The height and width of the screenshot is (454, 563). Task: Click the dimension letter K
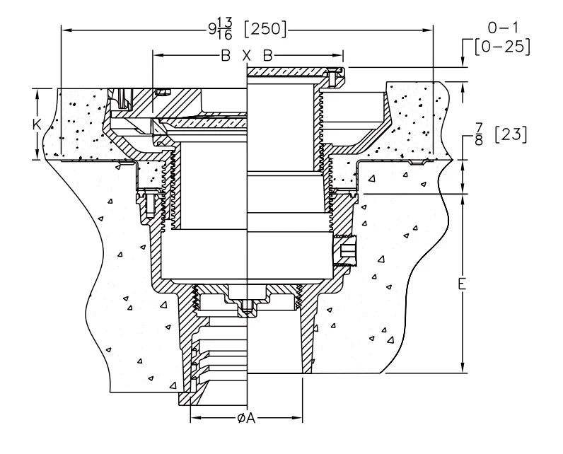pyautogui.click(x=37, y=124)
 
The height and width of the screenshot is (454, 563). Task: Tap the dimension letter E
pyautogui.click(x=463, y=284)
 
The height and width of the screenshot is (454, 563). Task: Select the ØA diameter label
pyautogui.click(x=246, y=418)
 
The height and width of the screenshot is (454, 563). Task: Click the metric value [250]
pyautogui.click(x=265, y=29)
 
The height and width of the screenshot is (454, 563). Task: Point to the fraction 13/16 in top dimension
pyautogui.click(x=224, y=29)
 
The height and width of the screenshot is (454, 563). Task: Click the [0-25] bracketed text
pyautogui.click(x=502, y=47)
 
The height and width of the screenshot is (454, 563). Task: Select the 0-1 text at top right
pyautogui.click(x=503, y=28)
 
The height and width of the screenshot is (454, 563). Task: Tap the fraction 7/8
pyautogui.click(x=479, y=134)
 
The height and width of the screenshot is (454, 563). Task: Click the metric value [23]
pyautogui.click(x=511, y=134)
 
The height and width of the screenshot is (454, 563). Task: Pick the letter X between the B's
pyautogui.click(x=246, y=56)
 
